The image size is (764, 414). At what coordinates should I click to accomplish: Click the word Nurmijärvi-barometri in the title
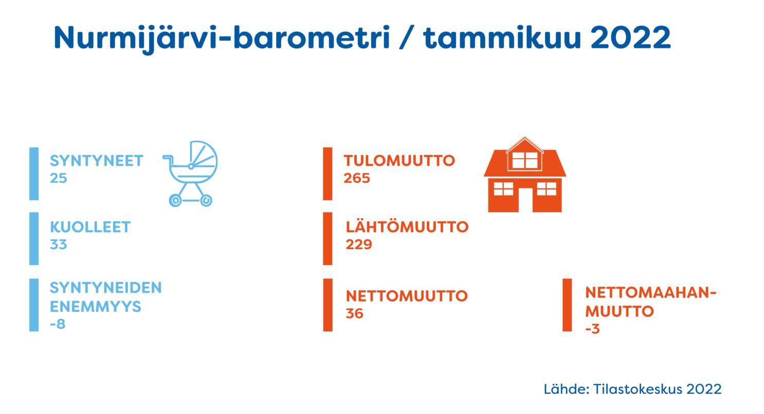[x=222, y=38]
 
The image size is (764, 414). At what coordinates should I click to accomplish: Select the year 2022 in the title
[x=631, y=37]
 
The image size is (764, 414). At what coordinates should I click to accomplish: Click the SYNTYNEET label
[x=97, y=161]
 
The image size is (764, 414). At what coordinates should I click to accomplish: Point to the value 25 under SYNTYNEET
[x=58, y=178]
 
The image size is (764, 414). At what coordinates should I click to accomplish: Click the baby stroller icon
[x=190, y=174]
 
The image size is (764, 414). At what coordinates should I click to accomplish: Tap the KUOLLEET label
[x=90, y=227]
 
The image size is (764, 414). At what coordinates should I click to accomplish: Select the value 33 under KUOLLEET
[x=58, y=244]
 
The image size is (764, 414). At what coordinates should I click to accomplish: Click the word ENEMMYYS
[x=96, y=307]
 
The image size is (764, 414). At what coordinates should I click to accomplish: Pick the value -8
[x=57, y=324]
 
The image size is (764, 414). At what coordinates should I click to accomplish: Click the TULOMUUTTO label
[x=399, y=161]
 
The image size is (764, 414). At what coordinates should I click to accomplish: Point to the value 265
[x=357, y=178]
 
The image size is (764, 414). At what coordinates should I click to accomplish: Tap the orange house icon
[x=525, y=175]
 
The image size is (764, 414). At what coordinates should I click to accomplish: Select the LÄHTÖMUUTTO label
[x=407, y=227]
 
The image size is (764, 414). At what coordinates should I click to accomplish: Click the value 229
[x=359, y=244]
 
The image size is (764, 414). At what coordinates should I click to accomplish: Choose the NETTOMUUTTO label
[x=407, y=296]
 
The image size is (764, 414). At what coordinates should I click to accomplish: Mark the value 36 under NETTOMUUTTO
[x=354, y=313]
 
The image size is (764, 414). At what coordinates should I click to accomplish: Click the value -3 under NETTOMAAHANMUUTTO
[x=592, y=329]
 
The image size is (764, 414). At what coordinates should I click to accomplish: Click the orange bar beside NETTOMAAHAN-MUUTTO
[x=567, y=305]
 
